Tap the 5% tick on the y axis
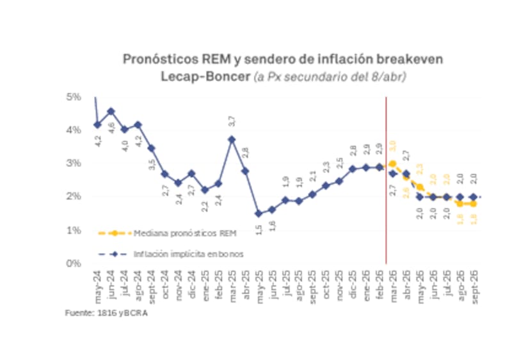73,97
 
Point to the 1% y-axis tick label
73,230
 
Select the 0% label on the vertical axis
73,263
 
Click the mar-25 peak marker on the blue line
232,139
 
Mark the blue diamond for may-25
259,214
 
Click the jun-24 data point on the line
111,111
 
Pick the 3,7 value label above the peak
232,121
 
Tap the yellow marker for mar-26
392,164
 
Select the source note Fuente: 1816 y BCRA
101,313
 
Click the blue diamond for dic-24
191,173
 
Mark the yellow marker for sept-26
474,203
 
